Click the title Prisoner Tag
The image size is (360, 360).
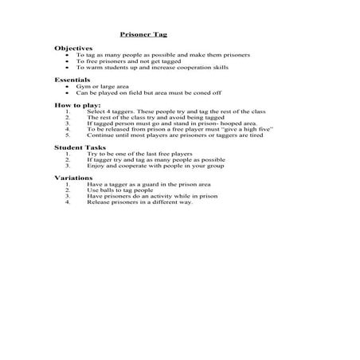tap(143, 34)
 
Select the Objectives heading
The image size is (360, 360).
tap(72, 48)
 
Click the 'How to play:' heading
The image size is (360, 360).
tap(74, 104)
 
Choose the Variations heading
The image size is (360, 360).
tap(72, 178)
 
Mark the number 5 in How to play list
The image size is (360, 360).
tap(68, 135)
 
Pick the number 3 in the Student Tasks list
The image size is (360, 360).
tap(68, 166)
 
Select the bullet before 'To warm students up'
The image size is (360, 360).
tap(69, 67)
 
